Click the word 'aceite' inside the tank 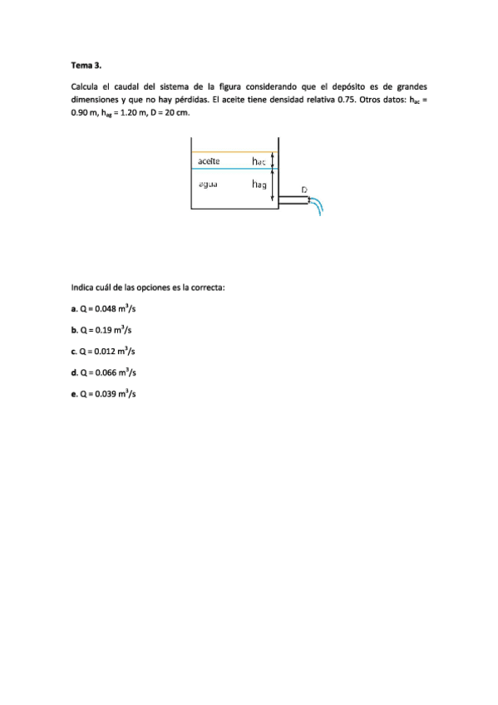coord(210,160)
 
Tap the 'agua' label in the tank coord(208,185)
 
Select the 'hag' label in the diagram coord(259,185)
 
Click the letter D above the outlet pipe coord(304,190)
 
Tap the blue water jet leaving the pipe coord(319,206)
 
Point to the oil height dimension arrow coord(274,160)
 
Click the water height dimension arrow coord(274,184)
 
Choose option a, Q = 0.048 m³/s coord(104,308)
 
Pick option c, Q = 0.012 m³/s coord(104,351)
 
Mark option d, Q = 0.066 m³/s coord(104,372)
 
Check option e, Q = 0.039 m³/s coord(104,393)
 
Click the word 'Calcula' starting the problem coord(85,86)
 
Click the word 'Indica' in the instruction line coord(83,288)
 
